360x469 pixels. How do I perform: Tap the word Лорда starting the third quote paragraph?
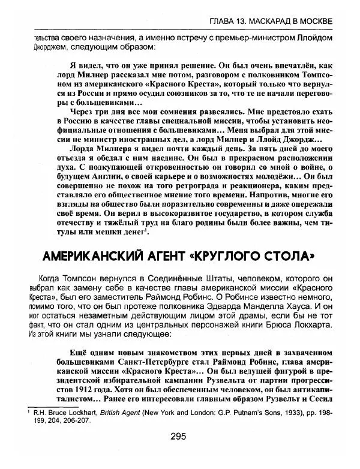click(x=77, y=148)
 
